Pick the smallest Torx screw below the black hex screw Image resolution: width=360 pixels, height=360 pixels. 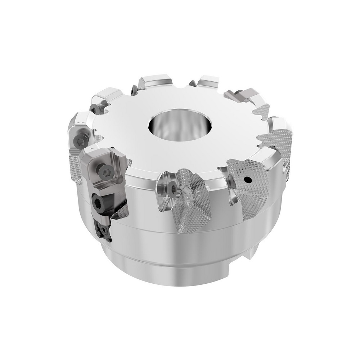[104, 228]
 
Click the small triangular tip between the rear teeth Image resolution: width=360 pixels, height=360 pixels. [192, 83]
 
